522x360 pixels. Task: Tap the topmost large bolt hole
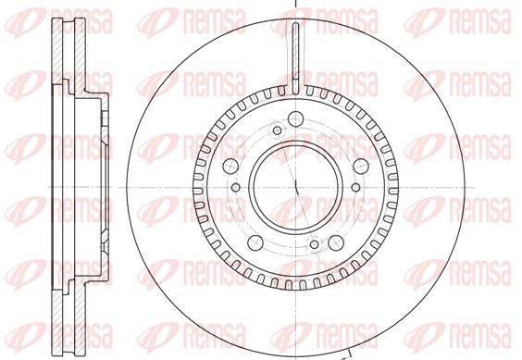tap(295, 118)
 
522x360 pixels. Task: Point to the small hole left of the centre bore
tap(235, 189)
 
